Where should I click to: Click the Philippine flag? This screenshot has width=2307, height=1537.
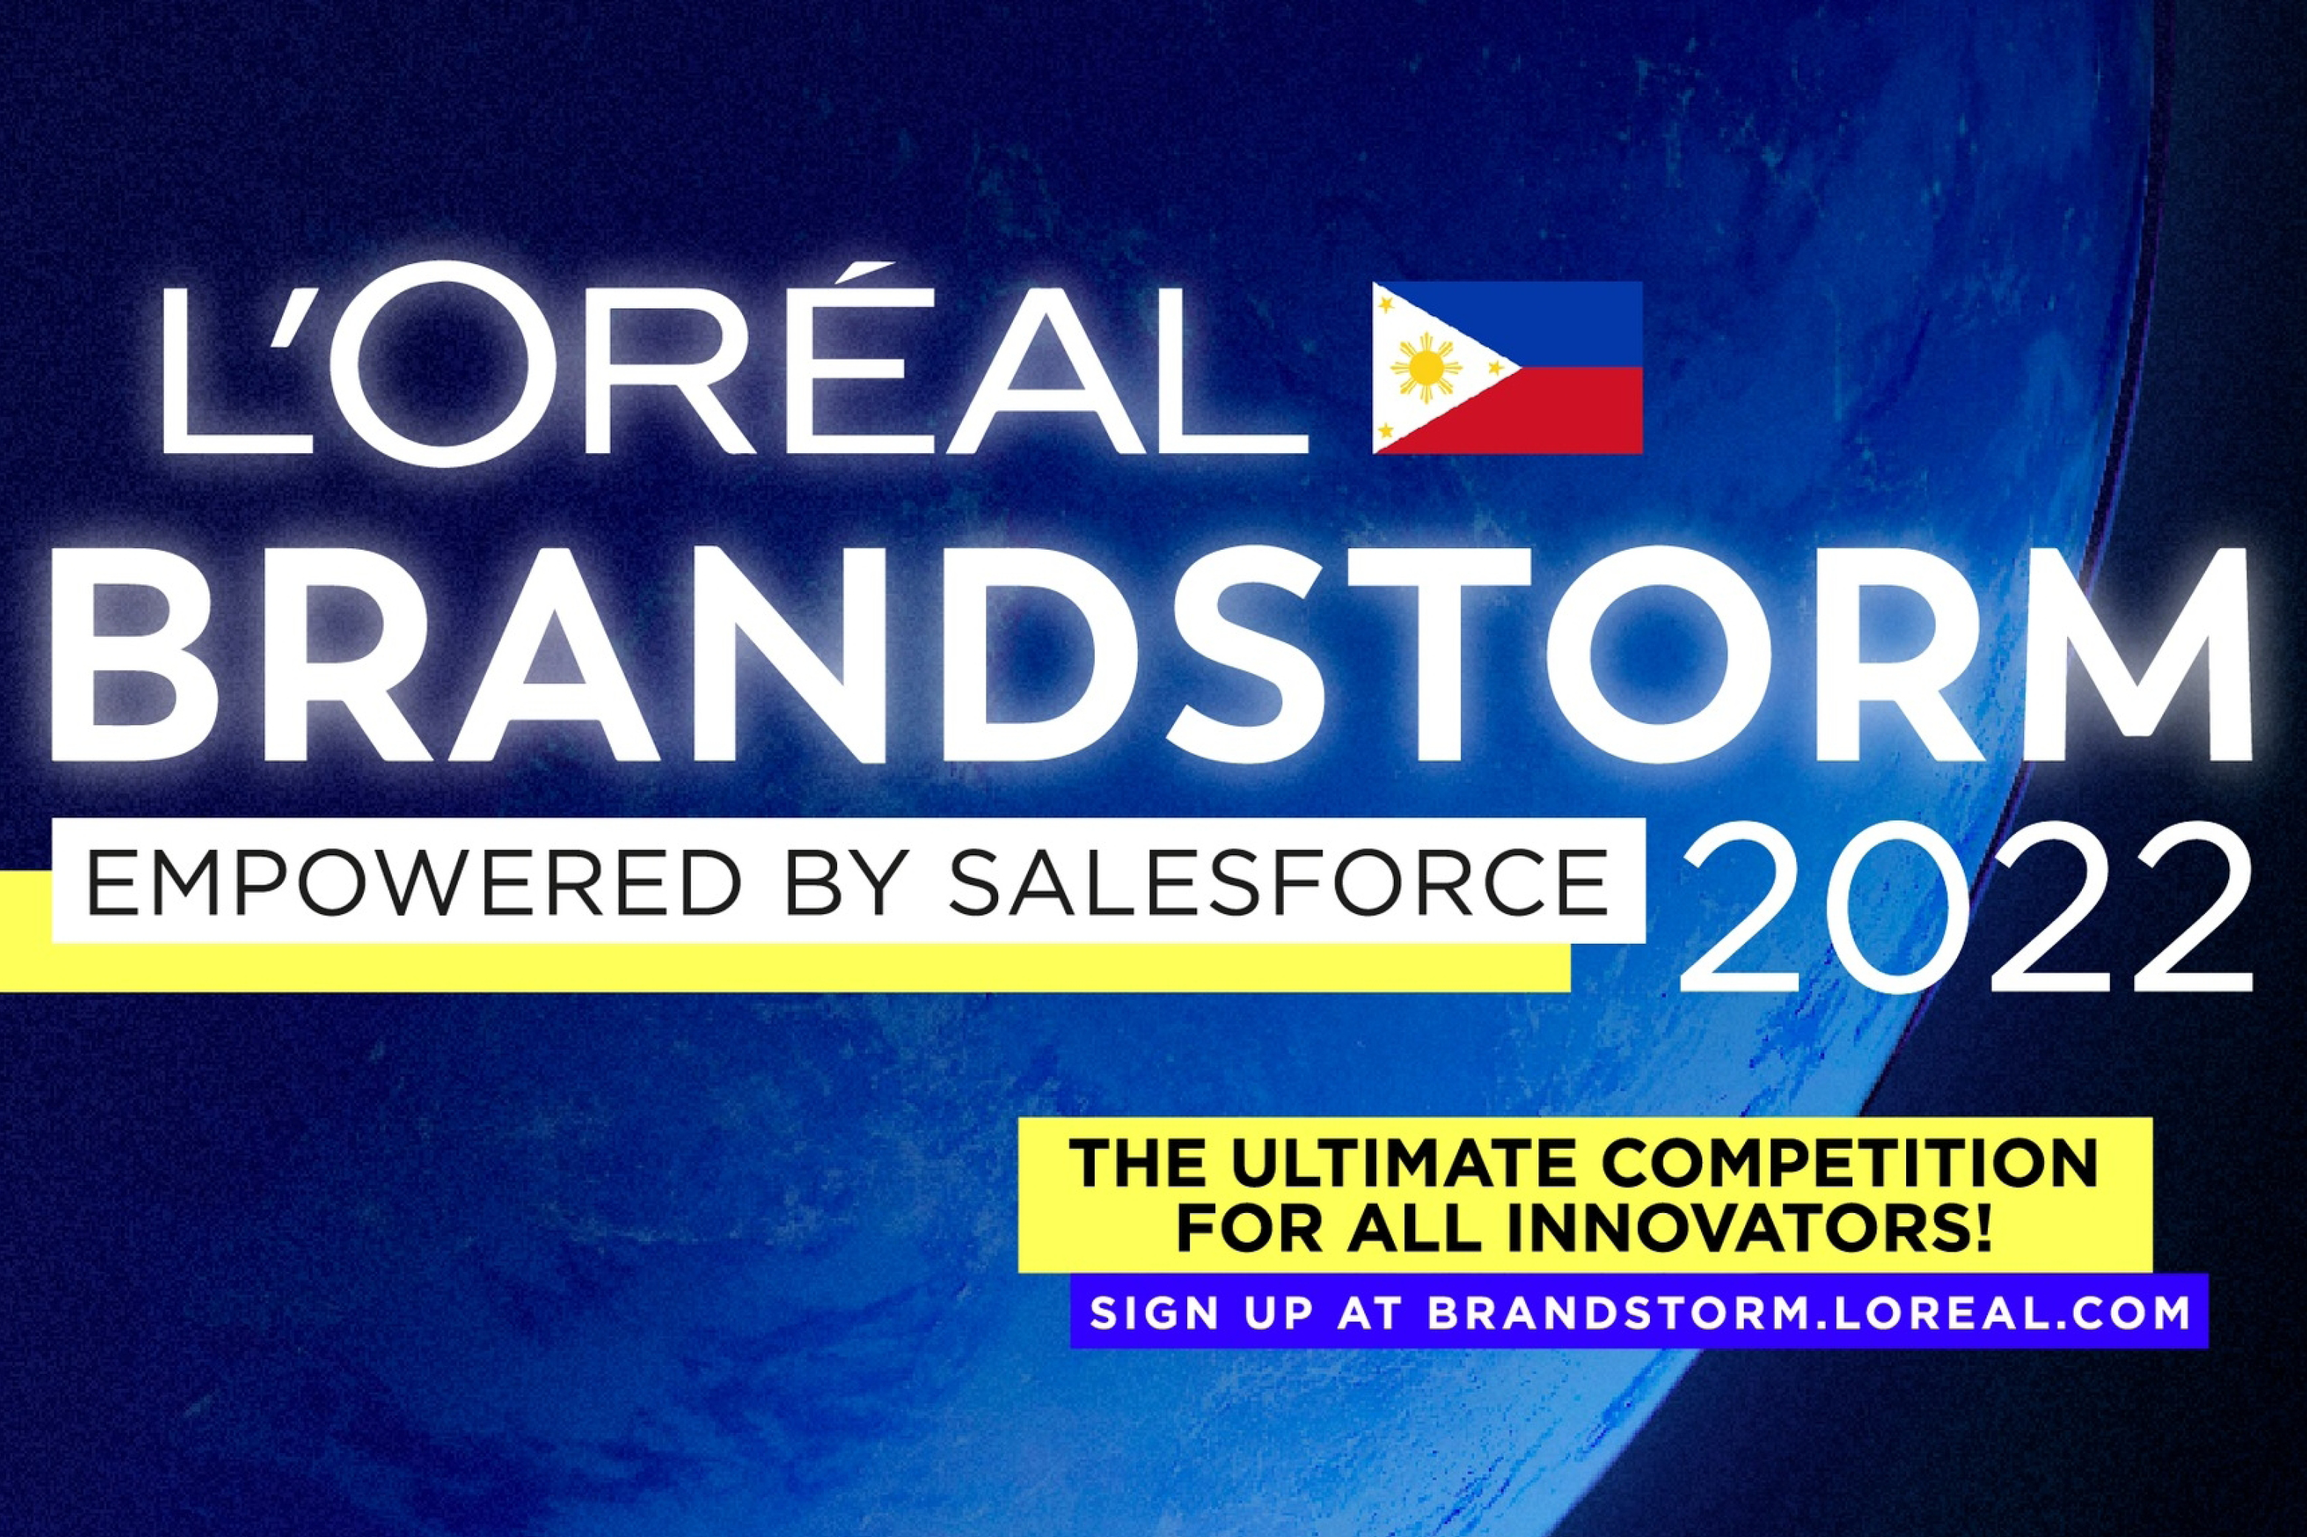1507,367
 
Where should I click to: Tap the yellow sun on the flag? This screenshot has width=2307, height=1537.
1426,368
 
